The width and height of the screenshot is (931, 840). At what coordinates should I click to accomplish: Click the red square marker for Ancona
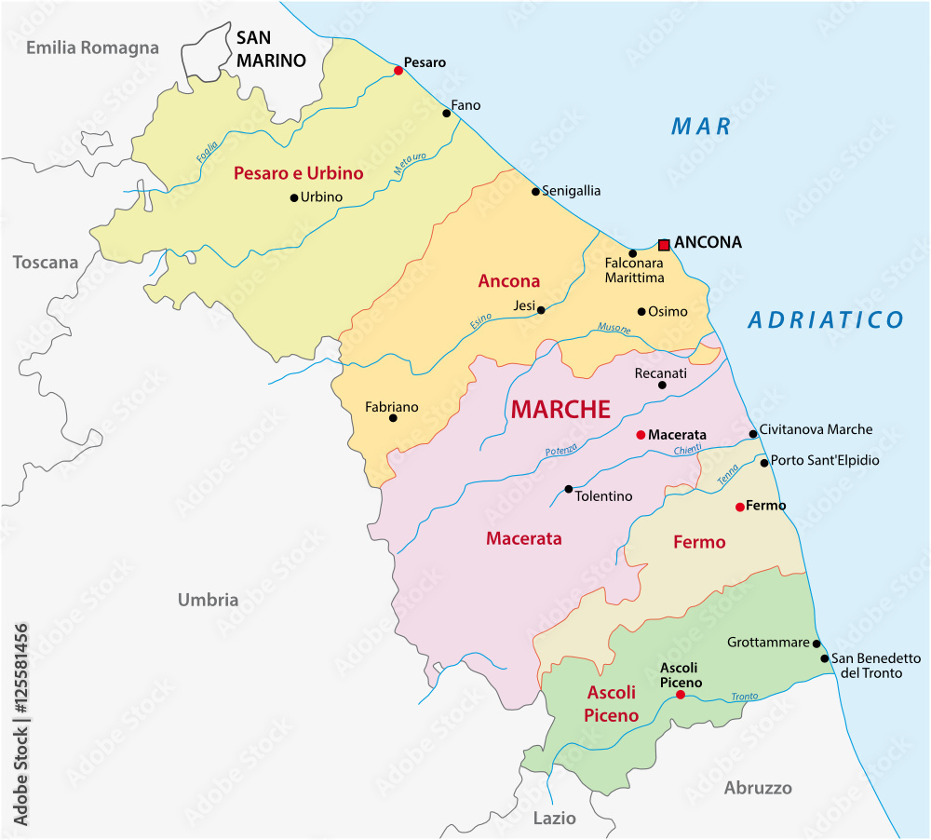[664, 245]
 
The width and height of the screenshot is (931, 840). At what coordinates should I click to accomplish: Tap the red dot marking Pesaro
[398, 70]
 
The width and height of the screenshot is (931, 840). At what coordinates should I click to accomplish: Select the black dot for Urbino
[294, 197]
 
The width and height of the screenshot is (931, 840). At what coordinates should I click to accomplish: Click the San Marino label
[270, 49]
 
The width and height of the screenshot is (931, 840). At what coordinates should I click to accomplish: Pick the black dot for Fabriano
[393, 418]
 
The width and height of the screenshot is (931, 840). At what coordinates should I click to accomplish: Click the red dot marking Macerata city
[641, 435]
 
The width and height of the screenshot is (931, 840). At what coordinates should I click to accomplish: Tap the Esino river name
[480, 322]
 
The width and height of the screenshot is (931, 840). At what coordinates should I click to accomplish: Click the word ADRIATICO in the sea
[826, 320]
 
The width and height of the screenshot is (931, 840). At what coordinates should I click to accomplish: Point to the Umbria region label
[209, 600]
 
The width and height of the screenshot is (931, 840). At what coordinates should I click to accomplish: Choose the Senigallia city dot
[535, 192]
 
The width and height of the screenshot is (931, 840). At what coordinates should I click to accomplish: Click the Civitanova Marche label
[816, 429]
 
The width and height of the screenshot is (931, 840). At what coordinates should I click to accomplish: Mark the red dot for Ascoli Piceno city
[681, 695]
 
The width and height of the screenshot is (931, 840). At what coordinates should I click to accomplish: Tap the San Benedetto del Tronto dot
[825, 658]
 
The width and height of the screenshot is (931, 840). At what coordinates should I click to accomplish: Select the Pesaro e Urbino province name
[298, 173]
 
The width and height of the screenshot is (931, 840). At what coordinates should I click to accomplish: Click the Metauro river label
[409, 165]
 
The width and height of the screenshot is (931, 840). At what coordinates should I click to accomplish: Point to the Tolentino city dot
[569, 489]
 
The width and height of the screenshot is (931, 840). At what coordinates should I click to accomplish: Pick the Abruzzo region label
[758, 788]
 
